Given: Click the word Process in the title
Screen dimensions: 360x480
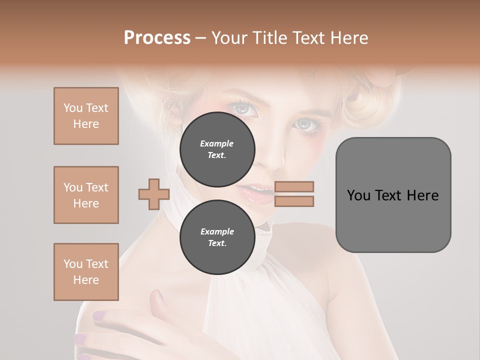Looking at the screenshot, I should [157, 38].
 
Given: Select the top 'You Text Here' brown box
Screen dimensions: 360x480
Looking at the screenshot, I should [86, 116].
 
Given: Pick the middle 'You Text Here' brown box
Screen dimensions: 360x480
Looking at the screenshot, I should [86, 195].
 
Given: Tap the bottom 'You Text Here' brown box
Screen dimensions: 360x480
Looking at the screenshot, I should [86, 272].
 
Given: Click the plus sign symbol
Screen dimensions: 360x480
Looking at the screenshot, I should [154, 194].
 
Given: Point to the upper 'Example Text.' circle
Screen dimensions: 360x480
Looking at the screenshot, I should [217, 149].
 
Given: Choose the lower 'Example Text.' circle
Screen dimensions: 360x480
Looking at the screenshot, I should [217, 237].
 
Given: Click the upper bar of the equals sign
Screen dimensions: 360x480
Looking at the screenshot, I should [294, 186].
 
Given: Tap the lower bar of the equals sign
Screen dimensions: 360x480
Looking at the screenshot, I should [294, 201].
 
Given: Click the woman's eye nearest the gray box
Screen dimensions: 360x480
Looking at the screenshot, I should [306, 123].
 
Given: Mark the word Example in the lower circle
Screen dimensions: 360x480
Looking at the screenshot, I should [217, 231].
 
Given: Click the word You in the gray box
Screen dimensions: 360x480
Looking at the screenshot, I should [358, 195].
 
